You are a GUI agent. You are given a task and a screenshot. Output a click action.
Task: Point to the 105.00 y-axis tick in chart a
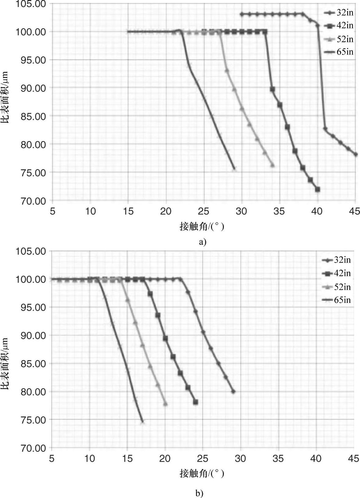(31, 4)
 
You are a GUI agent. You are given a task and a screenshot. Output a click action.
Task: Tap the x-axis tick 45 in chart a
(355, 211)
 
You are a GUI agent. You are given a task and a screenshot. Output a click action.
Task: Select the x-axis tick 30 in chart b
(240, 458)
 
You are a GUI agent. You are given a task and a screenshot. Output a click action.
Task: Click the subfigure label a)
(202, 242)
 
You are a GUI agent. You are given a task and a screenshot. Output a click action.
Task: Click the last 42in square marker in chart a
(318, 189)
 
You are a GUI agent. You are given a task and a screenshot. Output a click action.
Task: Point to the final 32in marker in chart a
(355, 154)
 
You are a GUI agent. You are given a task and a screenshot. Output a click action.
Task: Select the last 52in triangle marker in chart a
(272, 165)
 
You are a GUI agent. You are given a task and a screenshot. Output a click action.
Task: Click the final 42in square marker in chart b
(196, 402)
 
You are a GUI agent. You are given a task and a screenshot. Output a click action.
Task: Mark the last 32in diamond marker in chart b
(233, 391)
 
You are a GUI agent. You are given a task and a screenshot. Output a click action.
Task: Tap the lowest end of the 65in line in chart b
(142, 422)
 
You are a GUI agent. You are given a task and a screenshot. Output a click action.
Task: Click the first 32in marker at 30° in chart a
(242, 14)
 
